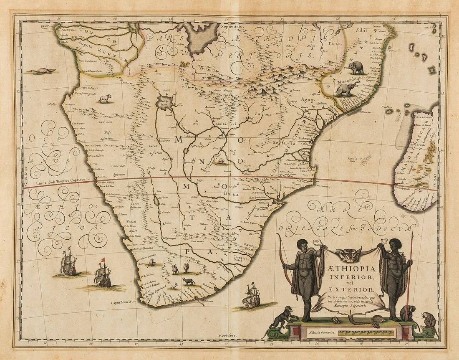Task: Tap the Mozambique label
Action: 342,78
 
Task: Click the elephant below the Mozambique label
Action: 347,89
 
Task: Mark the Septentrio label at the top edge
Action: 230,26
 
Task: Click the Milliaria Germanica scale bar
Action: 367,333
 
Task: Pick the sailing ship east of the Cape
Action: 252,296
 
